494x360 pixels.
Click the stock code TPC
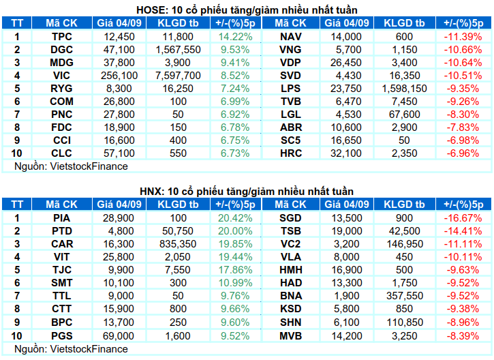click(x=62, y=37)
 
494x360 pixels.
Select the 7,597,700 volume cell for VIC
click(x=178, y=76)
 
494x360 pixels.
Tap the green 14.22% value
click(x=235, y=37)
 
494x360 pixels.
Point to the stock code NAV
click(x=291, y=37)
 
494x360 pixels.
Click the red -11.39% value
click(x=463, y=37)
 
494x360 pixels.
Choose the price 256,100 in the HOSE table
click(x=119, y=76)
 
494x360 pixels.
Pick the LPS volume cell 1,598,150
click(x=404, y=89)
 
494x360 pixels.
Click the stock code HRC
click(x=291, y=153)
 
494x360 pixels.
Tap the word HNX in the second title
click(x=151, y=192)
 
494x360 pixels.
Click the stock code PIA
click(x=62, y=217)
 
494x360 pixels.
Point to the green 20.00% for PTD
click(x=235, y=231)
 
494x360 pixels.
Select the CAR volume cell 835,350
click(x=178, y=244)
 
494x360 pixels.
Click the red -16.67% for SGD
click(x=463, y=217)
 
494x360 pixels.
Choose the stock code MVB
click(x=291, y=335)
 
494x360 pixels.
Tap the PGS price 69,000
click(x=119, y=335)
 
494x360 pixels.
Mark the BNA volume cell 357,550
click(x=404, y=296)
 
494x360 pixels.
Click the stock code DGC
click(x=62, y=50)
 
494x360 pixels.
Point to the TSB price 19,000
click(x=347, y=231)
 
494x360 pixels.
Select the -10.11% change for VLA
click(x=463, y=257)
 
